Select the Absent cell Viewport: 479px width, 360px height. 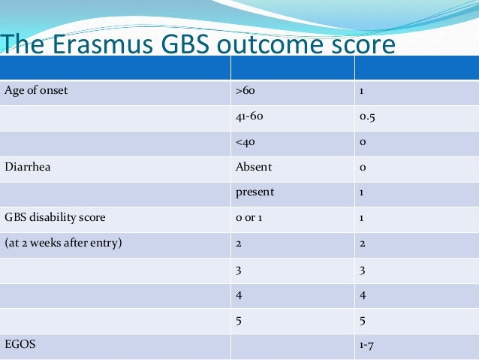coord(254,168)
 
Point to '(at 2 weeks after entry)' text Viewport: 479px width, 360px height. coord(63,242)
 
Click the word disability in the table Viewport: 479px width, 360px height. coord(55,217)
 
